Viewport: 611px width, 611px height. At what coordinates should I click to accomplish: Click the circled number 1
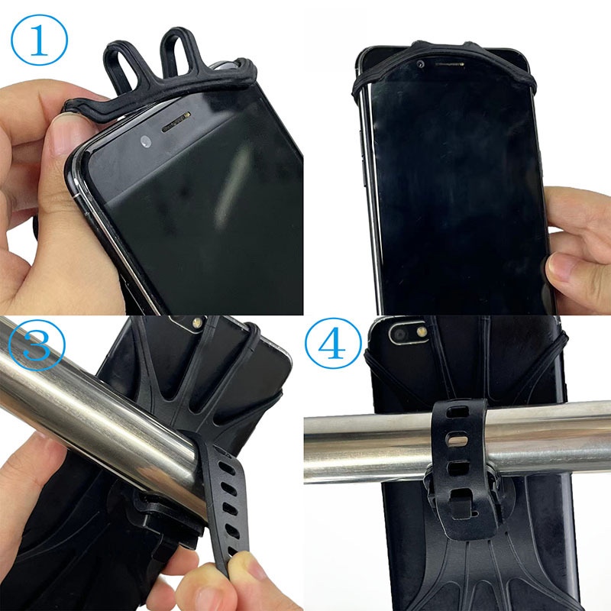(x=39, y=40)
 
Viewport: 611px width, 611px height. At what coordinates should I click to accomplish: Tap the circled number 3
(x=36, y=344)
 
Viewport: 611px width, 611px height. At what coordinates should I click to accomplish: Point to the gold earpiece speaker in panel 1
(x=176, y=121)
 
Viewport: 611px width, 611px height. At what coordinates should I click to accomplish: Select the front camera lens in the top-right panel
(x=421, y=64)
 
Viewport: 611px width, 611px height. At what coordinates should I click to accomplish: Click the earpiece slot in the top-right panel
(x=449, y=63)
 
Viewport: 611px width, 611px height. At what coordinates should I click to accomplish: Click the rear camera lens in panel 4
(x=399, y=335)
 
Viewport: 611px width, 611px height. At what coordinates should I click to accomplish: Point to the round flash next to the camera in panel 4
(x=422, y=332)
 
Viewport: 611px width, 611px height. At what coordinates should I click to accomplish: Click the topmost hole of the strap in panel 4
(x=457, y=412)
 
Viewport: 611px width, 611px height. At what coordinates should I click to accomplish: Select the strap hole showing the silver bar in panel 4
(x=457, y=441)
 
